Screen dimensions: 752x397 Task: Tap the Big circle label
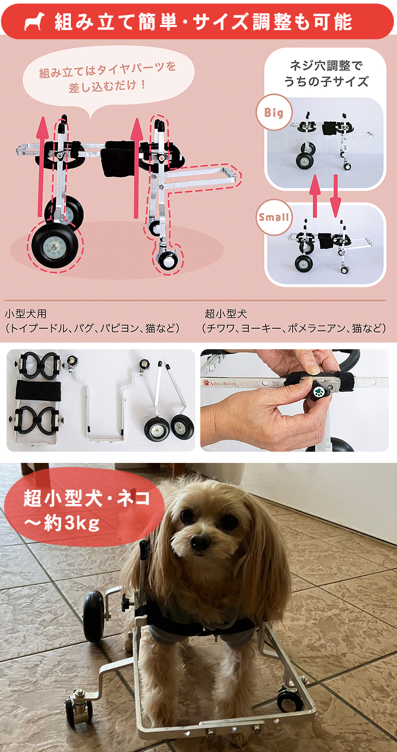[x=274, y=112]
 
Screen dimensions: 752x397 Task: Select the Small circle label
[x=274, y=217]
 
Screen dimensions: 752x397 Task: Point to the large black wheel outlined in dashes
[x=55, y=244]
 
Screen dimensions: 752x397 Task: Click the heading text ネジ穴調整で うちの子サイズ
[x=326, y=73]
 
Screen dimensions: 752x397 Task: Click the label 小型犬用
[x=25, y=314]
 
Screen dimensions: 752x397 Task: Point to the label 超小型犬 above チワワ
[x=226, y=314]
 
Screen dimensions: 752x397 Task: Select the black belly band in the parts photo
[x=38, y=391]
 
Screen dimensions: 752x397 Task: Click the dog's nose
[x=200, y=542]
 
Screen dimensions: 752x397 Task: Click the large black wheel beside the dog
[x=93, y=616]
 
